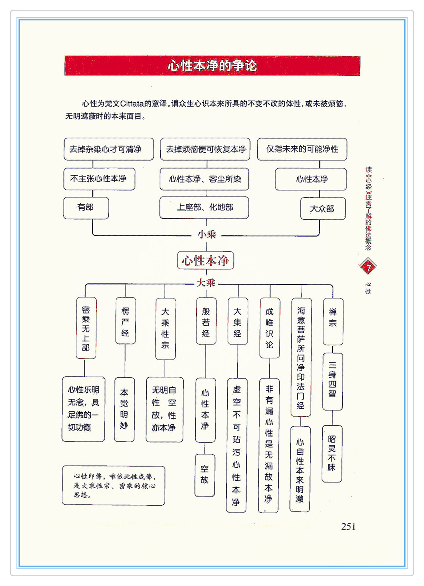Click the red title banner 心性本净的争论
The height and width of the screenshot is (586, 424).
coord(212,66)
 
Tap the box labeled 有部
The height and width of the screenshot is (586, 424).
coord(86,208)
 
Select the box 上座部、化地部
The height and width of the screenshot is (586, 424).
coord(204,207)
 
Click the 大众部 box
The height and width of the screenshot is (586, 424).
coord(322,209)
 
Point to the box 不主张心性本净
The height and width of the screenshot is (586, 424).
coord(99,179)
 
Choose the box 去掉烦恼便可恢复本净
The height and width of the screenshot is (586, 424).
coord(205,149)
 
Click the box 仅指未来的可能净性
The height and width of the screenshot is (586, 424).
coord(302,149)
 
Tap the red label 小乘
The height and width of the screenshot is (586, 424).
coord(207,235)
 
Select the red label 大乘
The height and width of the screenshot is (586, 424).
coord(206,283)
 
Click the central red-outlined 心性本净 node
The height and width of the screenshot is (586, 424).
coord(206,261)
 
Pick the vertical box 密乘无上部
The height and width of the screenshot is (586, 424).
coord(86,328)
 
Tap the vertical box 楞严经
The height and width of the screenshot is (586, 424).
coord(125,321)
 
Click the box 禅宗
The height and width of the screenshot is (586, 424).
coord(333,321)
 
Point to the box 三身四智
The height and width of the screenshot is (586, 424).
coord(332,381)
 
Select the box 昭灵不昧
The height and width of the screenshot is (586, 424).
coord(332,453)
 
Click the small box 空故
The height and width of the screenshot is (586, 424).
coord(205,475)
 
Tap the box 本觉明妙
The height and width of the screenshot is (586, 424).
coord(124,409)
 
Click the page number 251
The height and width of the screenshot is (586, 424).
coord(348,527)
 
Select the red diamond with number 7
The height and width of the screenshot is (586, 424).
coord(368,266)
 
